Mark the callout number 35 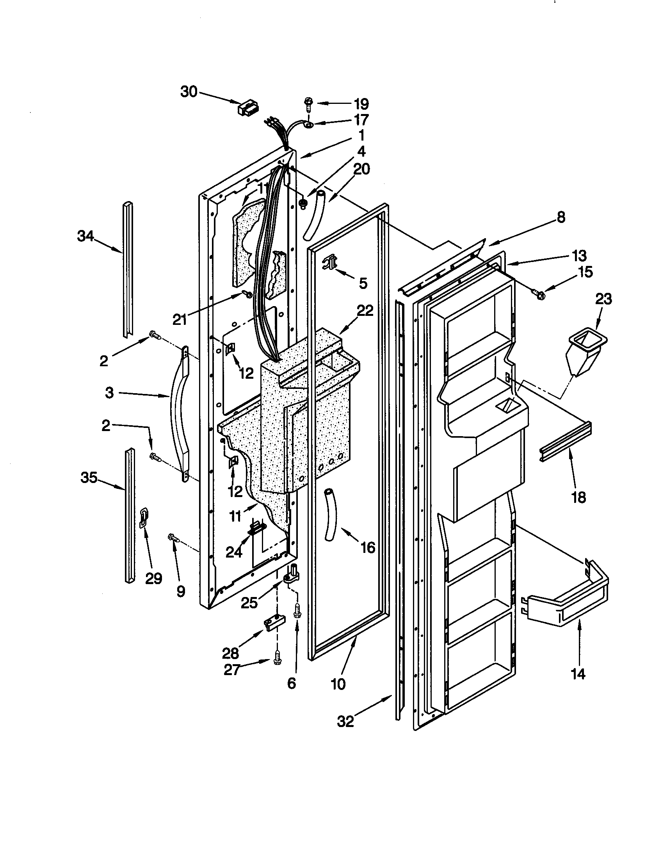click(x=89, y=478)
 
